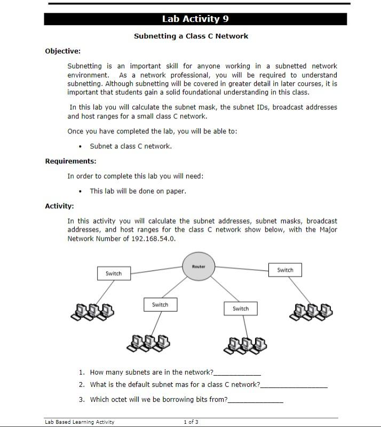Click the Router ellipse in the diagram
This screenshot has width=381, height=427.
pyautogui.click(x=199, y=266)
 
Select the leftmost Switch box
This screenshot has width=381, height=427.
pyautogui.click(x=114, y=273)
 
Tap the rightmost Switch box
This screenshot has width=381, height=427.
pyautogui.click(x=285, y=270)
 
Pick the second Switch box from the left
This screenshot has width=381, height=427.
pyautogui.click(x=160, y=305)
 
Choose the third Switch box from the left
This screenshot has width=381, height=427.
pyautogui.click(x=241, y=309)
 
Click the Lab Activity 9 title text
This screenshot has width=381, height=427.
pyautogui.click(x=195, y=19)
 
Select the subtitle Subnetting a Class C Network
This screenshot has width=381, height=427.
pyautogui.click(x=190, y=36)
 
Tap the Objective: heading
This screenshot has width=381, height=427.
pyautogui.click(x=63, y=51)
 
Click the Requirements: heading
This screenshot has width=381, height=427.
pyautogui.click(x=70, y=161)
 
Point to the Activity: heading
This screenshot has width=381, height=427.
pyautogui.click(x=59, y=206)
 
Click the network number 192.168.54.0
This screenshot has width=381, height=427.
pyautogui.click(x=153, y=239)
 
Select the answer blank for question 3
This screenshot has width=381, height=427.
pyautogui.click(x=255, y=401)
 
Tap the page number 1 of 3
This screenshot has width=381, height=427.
pyautogui.click(x=191, y=422)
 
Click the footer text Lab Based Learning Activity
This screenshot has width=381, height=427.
pyautogui.click(x=80, y=422)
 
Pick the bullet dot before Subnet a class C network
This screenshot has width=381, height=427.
pyautogui.click(x=80, y=147)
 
